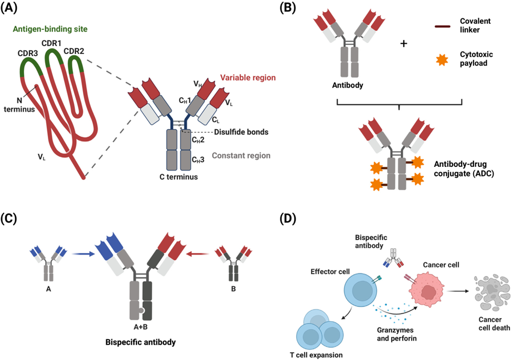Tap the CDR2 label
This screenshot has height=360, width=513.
click(x=75, y=51)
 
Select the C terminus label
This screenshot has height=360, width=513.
click(x=179, y=177)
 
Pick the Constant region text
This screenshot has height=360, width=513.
click(x=241, y=155)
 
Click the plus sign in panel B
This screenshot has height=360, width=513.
click(x=404, y=44)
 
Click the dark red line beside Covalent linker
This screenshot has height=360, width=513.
click(x=444, y=25)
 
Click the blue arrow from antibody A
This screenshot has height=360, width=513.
click(x=82, y=255)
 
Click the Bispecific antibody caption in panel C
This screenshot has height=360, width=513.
click(x=139, y=341)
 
